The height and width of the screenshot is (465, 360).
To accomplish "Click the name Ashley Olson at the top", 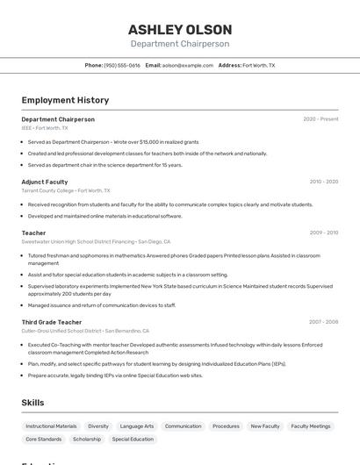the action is tap(180, 29).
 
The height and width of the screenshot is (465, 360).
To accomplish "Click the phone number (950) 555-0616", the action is tap(122, 65).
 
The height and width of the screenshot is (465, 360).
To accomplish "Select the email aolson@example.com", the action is tap(188, 65).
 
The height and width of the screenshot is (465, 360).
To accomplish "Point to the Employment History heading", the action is tap(65, 100).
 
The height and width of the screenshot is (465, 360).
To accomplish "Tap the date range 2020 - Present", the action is tap(320, 118).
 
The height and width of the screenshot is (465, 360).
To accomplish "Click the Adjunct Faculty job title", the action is tap(45, 182).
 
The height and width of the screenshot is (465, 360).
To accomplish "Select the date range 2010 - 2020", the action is tap(324, 182).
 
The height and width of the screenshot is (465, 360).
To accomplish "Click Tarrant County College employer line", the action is tap(66, 190).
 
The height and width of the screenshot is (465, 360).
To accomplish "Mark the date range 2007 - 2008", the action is tap(323, 322).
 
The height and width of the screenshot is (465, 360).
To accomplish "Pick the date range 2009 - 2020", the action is tap(324, 232).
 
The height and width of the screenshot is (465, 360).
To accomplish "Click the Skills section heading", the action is tap(33, 402).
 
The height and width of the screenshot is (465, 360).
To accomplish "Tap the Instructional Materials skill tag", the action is tap(51, 426).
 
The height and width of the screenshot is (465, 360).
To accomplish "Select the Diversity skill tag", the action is tap(98, 426).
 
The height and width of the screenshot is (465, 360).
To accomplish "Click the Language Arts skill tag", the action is tap(137, 426).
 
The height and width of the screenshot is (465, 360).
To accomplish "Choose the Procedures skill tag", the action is tap(226, 426).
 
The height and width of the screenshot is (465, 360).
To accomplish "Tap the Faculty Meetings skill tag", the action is tap(311, 426).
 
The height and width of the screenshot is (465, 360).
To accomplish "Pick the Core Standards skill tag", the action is tap(44, 439).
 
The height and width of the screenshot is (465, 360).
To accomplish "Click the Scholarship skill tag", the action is tap(87, 439).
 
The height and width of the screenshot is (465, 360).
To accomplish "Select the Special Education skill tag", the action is tap(133, 439).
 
